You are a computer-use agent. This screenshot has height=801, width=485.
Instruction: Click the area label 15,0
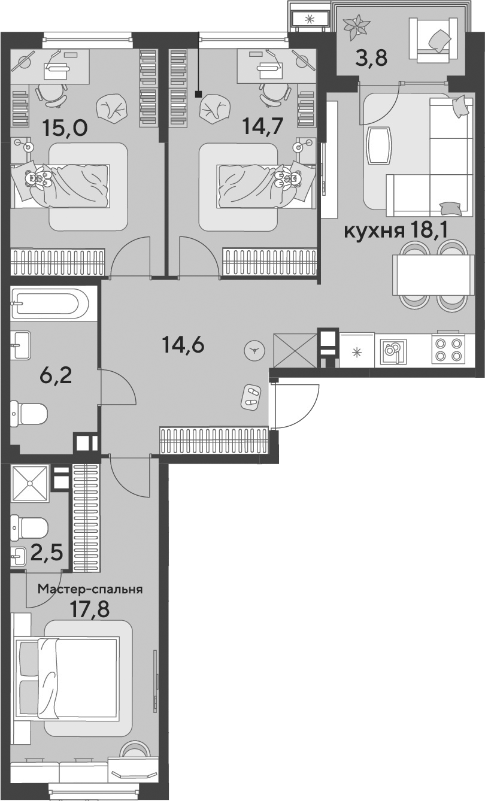pyautogui.click(x=65, y=128)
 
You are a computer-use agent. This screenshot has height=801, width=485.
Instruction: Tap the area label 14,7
pyautogui.click(x=262, y=125)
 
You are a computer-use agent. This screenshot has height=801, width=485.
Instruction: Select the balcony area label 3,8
pyautogui.click(x=372, y=57)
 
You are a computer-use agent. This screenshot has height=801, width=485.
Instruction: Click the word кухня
pyautogui.click(x=374, y=231)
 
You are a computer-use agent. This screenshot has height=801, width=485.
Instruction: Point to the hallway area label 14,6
pyautogui.click(x=183, y=345)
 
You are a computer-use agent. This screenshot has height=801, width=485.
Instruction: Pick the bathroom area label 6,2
pyautogui.click(x=56, y=375)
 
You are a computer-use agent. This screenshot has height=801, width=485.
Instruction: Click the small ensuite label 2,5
pyautogui.click(x=47, y=552)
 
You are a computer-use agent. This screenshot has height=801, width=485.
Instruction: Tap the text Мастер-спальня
pyautogui.click(x=90, y=589)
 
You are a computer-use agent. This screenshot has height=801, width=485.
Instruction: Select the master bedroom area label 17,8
pyautogui.click(x=89, y=609)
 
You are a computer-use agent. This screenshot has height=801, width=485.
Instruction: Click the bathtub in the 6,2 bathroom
pyautogui.click(x=50, y=304)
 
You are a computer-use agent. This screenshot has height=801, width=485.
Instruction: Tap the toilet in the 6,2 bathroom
pyautogui.click(x=29, y=414)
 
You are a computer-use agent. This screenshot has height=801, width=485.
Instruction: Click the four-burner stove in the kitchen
pyautogui.click(x=448, y=350)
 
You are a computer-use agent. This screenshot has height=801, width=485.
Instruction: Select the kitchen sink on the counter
pyautogui.click(x=393, y=350)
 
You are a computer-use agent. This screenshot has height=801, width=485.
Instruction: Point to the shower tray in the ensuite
pyautogui.click(x=30, y=483)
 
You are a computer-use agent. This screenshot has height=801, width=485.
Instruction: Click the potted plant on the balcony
pyautogui.click(x=356, y=27)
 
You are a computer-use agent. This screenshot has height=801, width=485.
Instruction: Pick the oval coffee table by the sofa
pyautogui.click(x=379, y=147)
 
